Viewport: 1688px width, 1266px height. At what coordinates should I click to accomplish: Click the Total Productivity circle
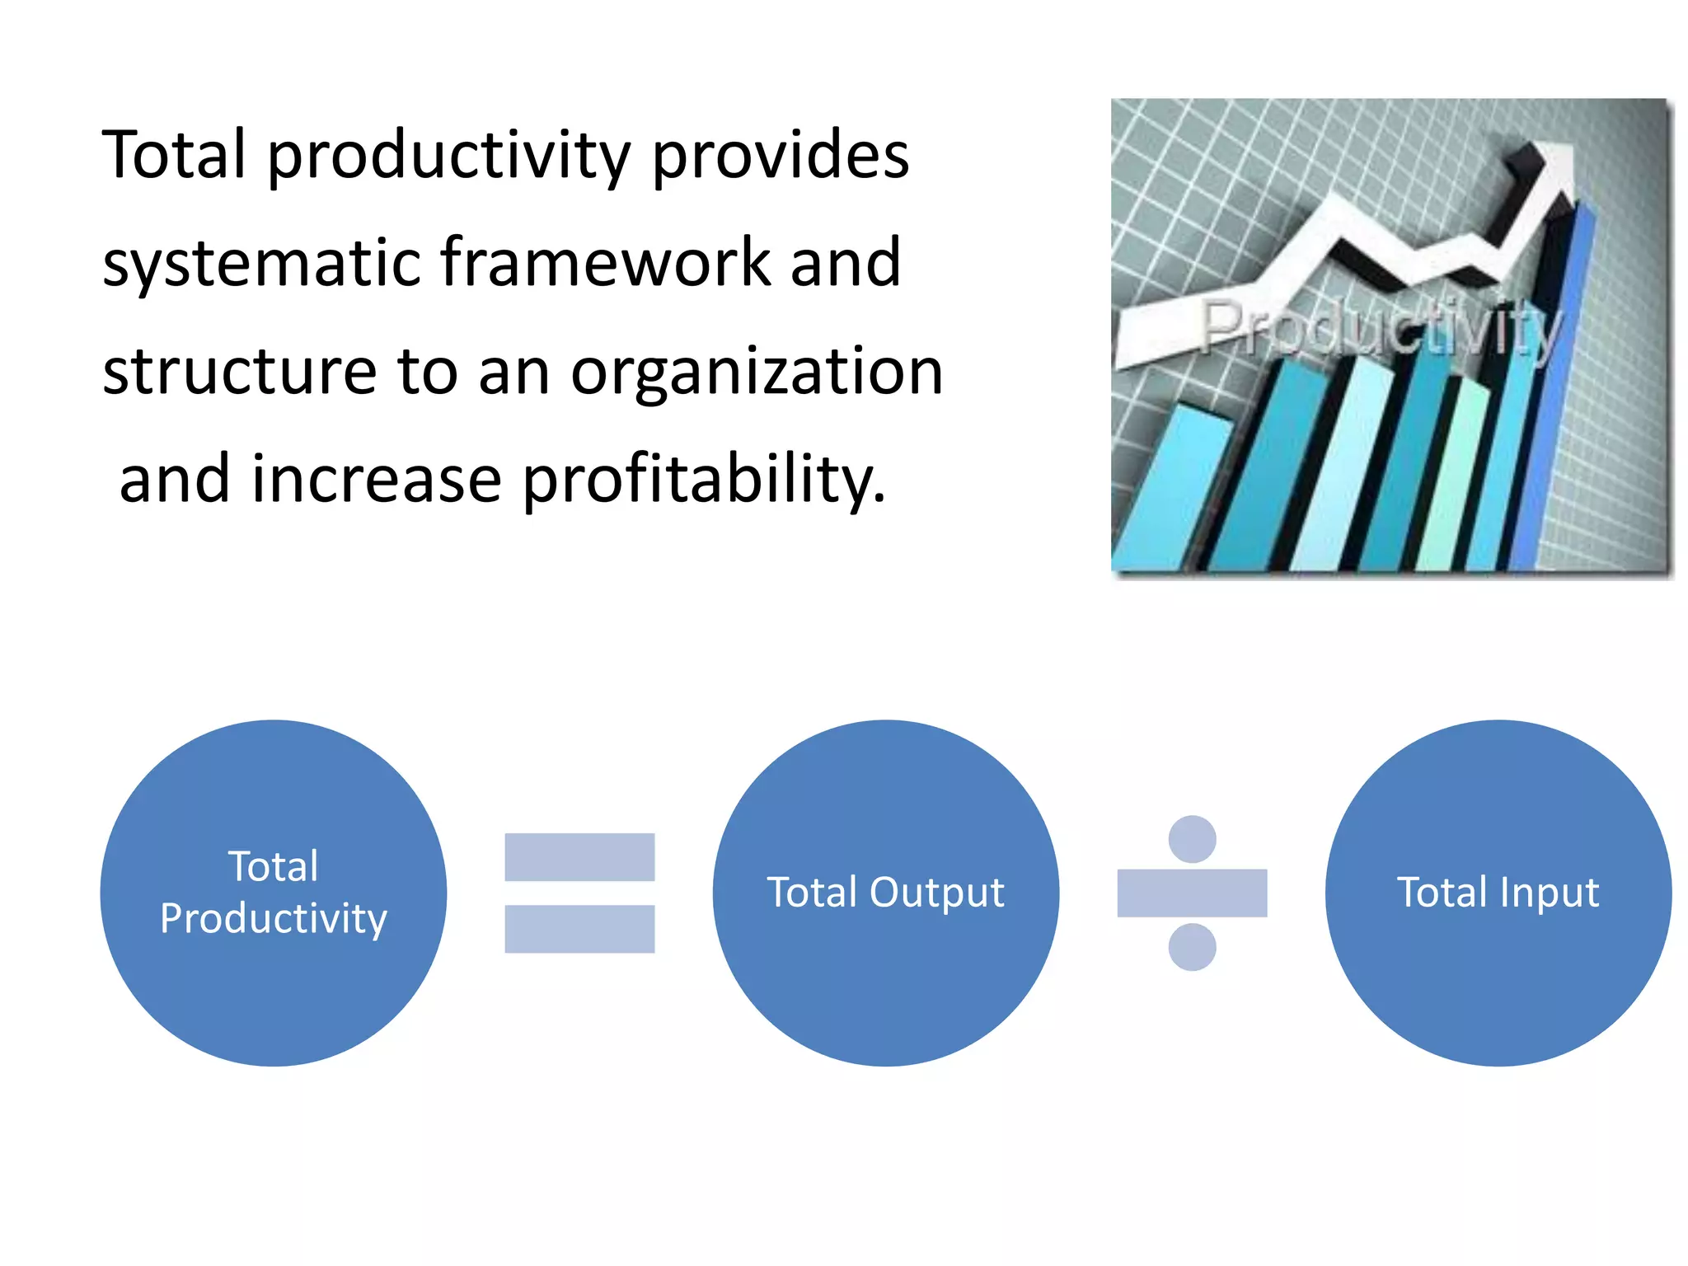273,893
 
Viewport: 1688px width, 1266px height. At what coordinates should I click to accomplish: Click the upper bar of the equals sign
579,857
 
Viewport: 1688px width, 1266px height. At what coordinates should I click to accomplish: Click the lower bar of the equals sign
579,929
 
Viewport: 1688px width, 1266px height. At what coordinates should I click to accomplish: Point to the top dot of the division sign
1192,839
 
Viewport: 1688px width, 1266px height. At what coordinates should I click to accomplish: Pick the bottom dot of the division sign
1192,947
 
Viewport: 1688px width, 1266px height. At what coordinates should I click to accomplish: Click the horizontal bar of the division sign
1192,893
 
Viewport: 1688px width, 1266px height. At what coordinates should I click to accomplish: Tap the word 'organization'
757,373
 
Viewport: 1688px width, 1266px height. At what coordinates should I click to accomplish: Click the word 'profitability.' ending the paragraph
704,480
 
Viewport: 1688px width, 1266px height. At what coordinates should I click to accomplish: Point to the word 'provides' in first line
781,156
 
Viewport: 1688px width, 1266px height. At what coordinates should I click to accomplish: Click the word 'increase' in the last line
377,480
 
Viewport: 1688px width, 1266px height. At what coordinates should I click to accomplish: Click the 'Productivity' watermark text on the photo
1381,330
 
